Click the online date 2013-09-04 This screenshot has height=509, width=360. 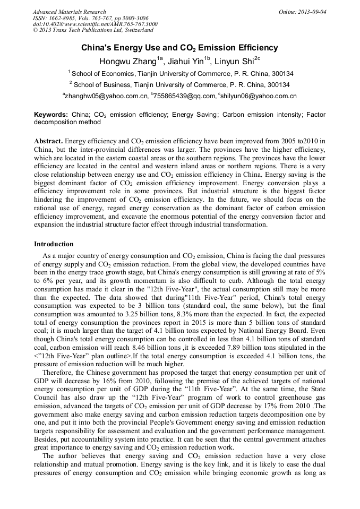tap(312, 12)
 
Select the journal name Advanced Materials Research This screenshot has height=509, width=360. tap(70, 12)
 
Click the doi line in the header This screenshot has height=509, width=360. tap(95, 24)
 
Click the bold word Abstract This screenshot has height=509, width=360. tap(48, 141)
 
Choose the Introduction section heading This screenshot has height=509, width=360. tap(54, 244)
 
